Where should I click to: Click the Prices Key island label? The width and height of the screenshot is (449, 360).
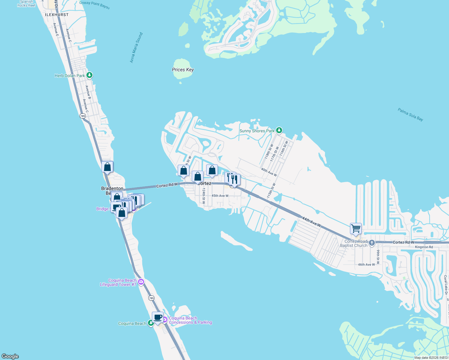click(x=183, y=70)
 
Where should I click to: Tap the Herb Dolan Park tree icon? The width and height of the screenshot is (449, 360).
click(x=89, y=75)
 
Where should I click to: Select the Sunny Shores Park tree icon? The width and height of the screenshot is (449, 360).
click(x=279, y=130)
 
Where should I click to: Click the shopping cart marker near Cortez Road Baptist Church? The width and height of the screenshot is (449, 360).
click(x=356, y=229)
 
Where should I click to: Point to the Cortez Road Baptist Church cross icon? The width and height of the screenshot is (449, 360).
click(x=372, y=243)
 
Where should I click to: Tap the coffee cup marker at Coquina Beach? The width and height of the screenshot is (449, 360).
click(x=158, y=317)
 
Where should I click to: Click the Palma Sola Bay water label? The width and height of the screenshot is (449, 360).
click(x=410, y=115)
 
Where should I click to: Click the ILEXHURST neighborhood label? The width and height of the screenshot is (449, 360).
click(x=57, y=15)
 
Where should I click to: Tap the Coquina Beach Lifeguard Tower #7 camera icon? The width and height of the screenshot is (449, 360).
click(x=141, y=282)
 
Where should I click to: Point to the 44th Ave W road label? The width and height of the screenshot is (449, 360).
click(x=311, y=222)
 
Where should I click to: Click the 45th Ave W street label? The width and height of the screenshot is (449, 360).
click(x=220, y=196)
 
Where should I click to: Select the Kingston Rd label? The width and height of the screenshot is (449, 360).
click(x=424, y=247)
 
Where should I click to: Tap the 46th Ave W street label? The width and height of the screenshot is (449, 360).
click(x=366, y=265)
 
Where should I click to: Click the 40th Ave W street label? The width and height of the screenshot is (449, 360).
click(x=269, y=172)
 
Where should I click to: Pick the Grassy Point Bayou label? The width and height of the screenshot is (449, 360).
click(x=94, y=5)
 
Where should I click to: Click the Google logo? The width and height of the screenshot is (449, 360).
click(x=10, y=356)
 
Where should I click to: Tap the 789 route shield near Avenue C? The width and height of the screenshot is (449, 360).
click(x=83, y=116)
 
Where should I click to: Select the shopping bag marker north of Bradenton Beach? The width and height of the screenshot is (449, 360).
click(x=107, y=167)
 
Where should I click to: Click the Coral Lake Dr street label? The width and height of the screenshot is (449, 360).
click(x=446, y=285)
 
